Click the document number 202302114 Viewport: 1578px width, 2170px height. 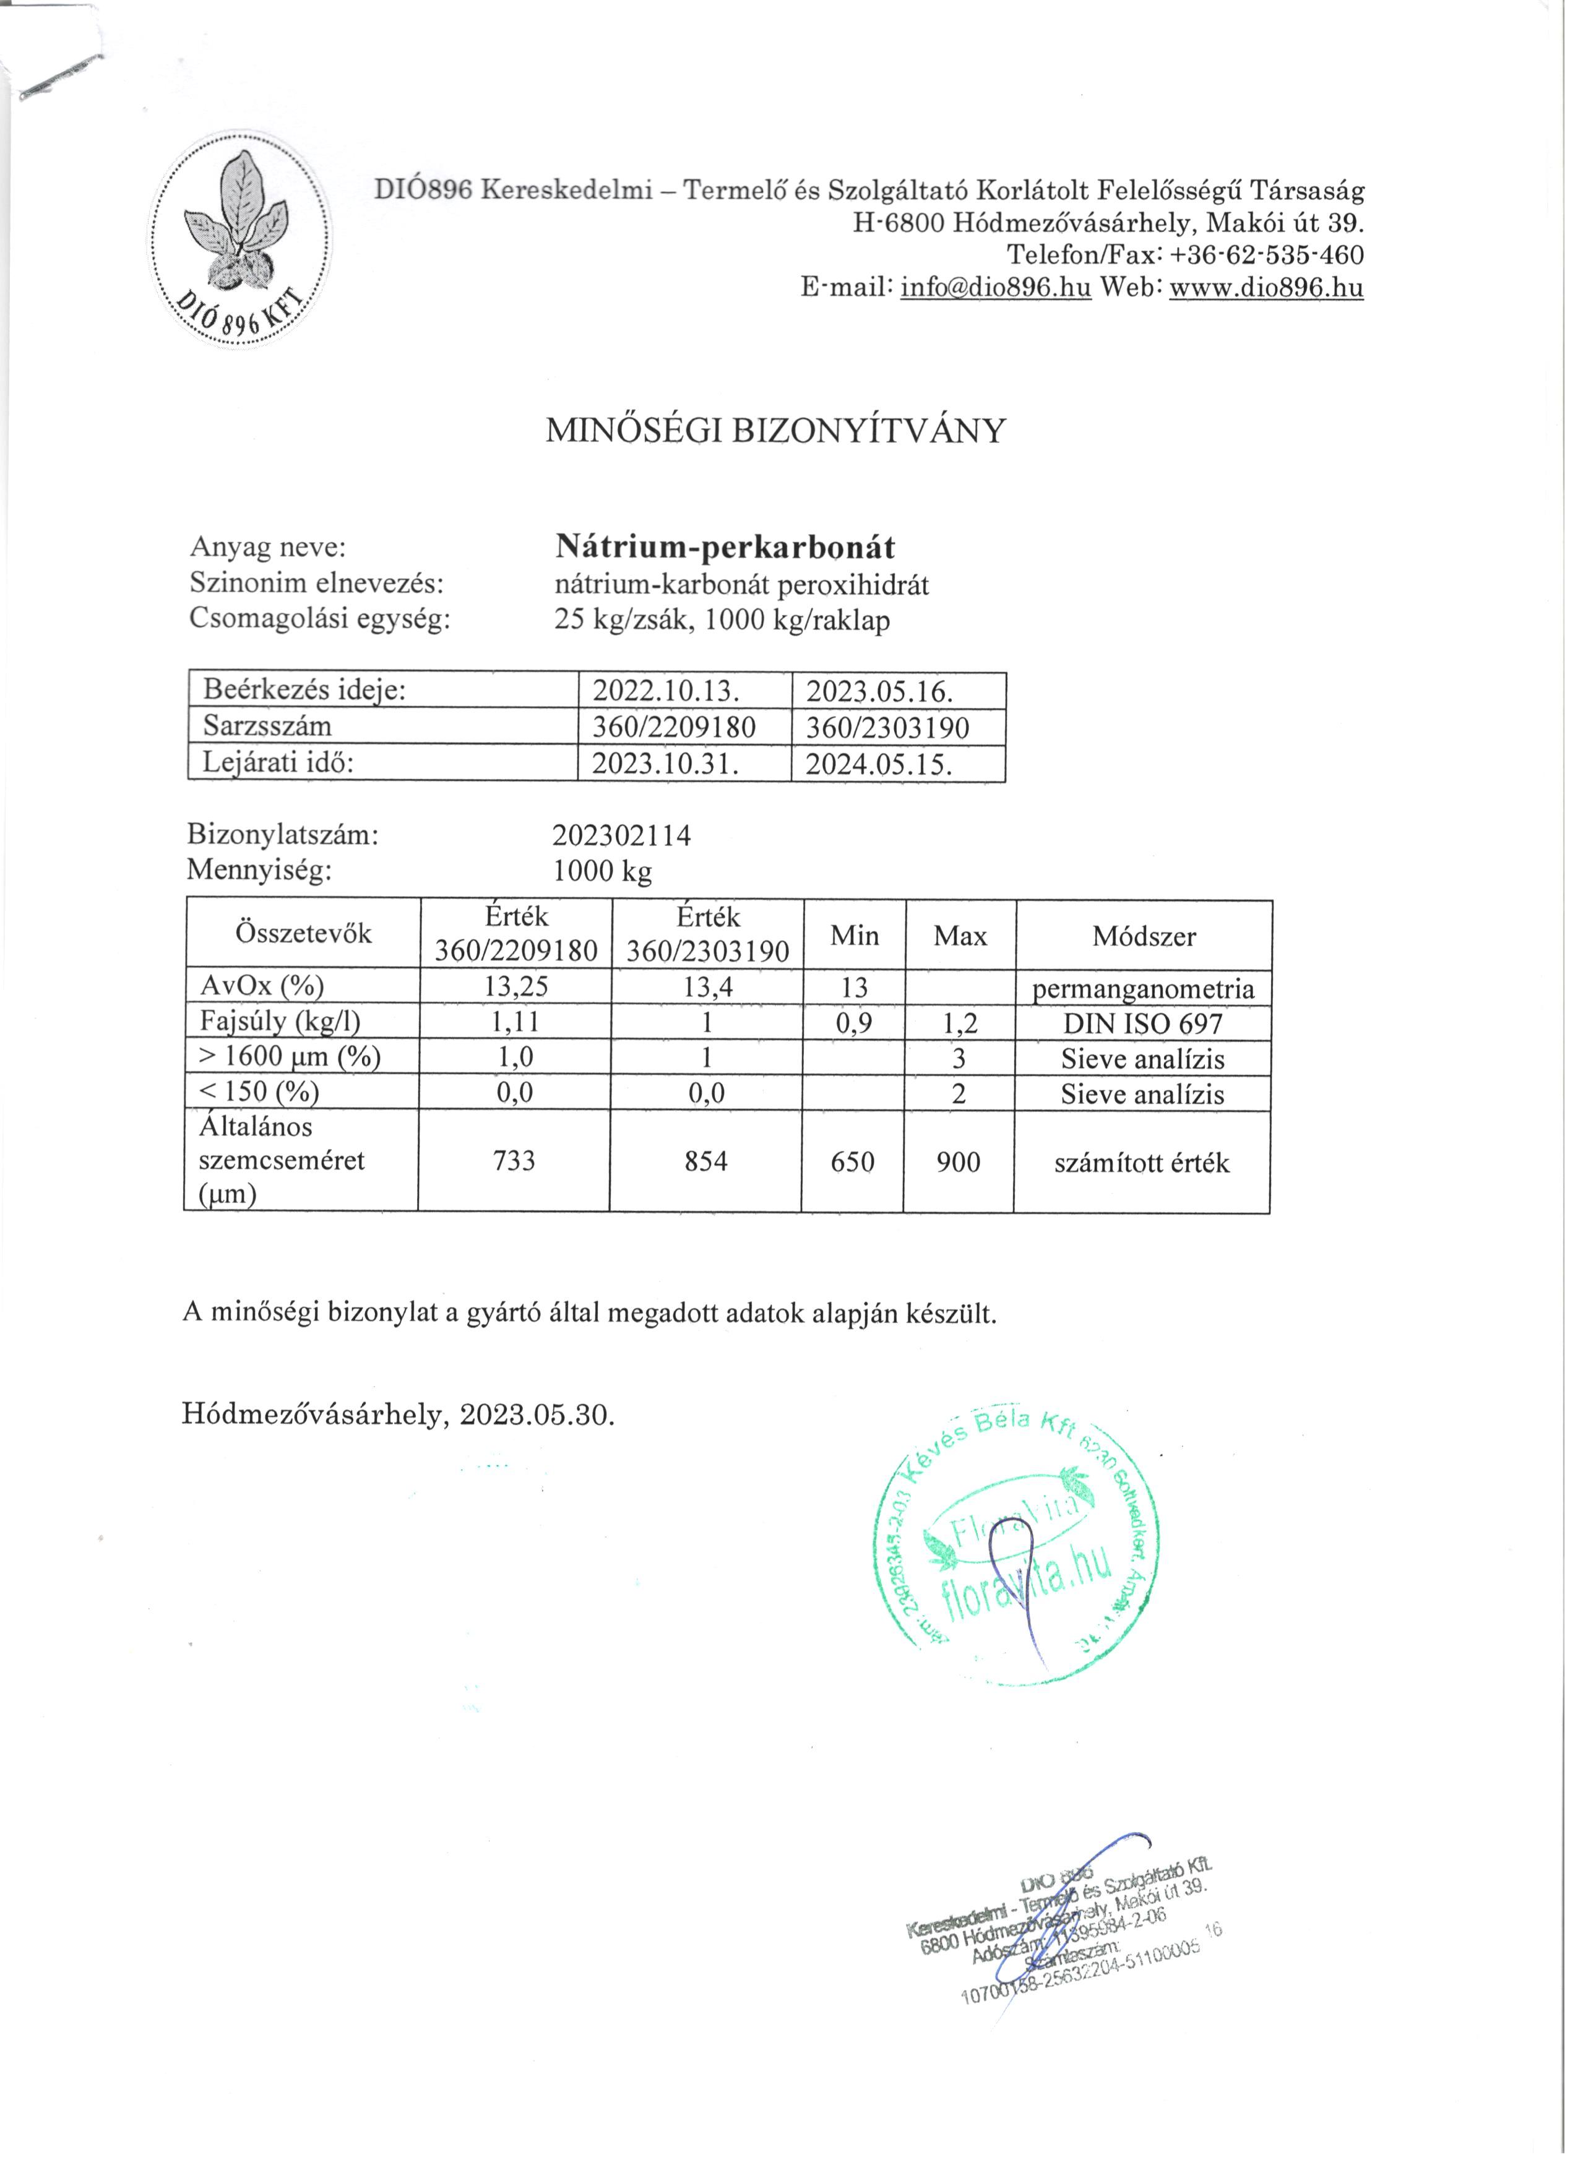click(x=622, y=836)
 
